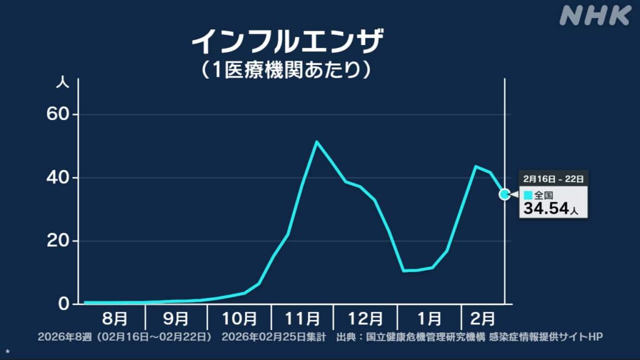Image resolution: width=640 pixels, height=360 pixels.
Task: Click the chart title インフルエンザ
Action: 287,42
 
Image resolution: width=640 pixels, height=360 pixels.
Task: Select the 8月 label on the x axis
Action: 114,319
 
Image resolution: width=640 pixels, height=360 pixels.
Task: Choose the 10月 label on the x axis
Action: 239,319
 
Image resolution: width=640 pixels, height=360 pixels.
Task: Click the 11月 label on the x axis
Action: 302,319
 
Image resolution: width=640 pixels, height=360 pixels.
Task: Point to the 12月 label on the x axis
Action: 365,319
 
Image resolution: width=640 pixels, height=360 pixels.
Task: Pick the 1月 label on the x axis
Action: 429,319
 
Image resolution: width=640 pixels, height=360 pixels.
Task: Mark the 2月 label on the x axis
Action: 482,319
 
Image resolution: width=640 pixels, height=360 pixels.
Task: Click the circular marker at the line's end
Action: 504,194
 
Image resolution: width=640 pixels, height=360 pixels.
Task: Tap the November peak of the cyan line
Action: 317,142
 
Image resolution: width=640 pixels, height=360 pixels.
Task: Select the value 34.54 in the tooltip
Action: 546,209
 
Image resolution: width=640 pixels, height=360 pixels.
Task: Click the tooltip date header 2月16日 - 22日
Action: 553,179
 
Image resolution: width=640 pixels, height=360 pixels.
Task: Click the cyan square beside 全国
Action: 528,196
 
